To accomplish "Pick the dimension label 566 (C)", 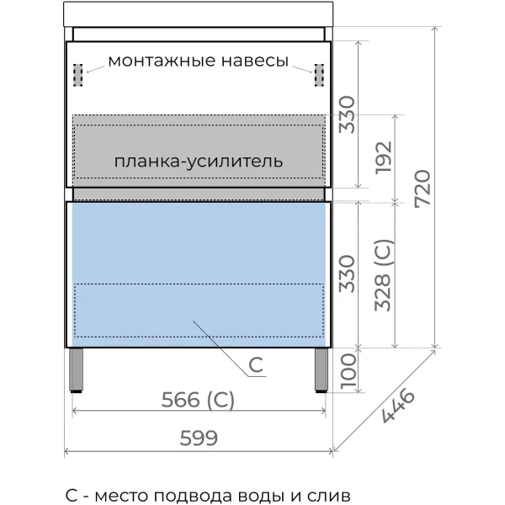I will (198, 400).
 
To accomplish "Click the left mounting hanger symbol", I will (80, 76).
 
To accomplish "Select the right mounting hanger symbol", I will (319, 76).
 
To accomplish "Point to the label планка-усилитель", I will (199, 160).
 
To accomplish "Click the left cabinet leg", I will (77, 370).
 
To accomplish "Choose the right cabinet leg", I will (322, 370).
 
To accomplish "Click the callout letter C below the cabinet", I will (257, 365).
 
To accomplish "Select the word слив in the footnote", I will (329, 495).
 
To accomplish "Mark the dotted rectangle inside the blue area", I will (199, 311).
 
